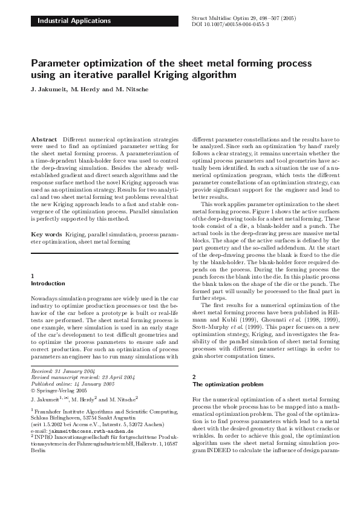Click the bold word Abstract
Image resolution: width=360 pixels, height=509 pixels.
tap(44, 139)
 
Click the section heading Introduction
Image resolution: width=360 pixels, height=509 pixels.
tap(48, 283)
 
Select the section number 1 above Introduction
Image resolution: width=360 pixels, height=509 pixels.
tap(32, 276)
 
